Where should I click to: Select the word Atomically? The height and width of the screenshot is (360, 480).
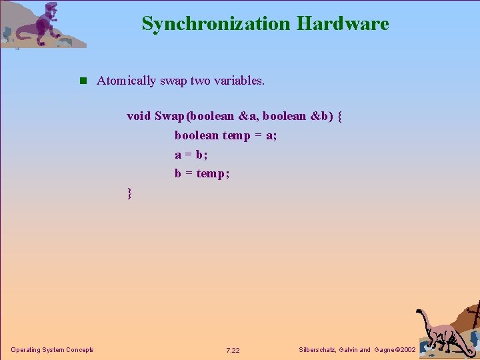[125, 81]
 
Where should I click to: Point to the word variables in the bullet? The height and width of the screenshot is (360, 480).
[239, 81]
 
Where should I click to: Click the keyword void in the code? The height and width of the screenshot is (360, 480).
[139, 115]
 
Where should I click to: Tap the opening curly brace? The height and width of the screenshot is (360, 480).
[340, 116]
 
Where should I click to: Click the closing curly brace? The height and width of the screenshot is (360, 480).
[130, 194]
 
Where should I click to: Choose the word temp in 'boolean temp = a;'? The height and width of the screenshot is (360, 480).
[236, 135]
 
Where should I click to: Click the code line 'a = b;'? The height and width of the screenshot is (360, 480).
[191, 155]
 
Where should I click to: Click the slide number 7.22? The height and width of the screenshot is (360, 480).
[233, 350]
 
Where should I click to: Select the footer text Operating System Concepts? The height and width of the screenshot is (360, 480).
[52, 350]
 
